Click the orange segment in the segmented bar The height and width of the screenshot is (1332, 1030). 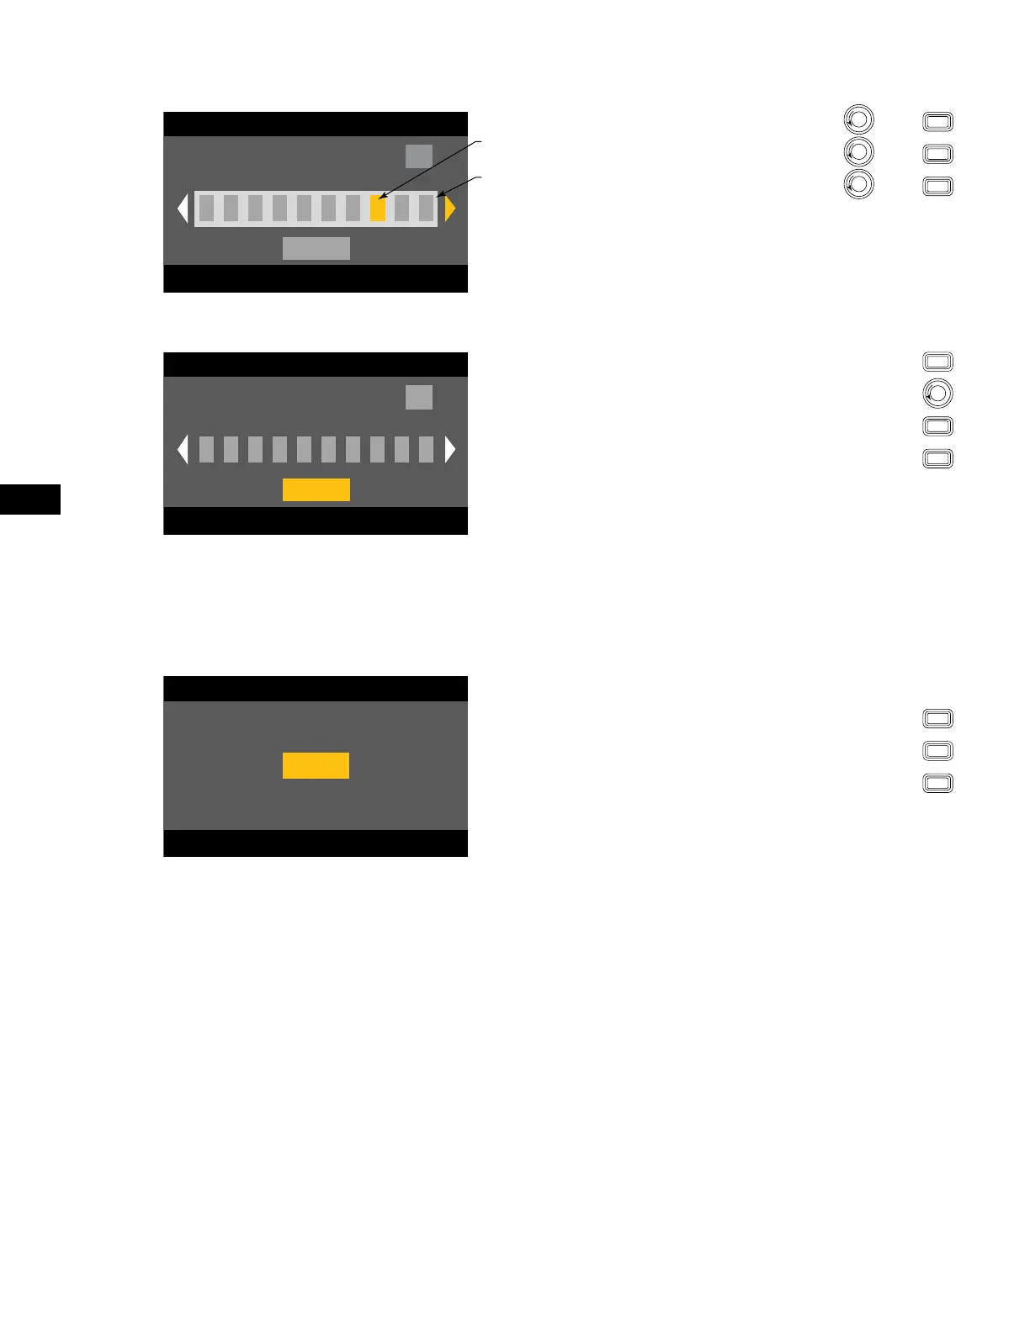(x=378, y=209)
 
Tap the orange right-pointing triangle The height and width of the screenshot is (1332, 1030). (x=449, y=209)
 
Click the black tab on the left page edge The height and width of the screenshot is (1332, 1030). (x=30, y=499)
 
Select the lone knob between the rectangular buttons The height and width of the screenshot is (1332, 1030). (x=937, y=394)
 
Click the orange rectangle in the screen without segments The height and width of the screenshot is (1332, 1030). (x=316, y=765)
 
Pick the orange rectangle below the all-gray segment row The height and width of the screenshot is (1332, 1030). (x=316, y=489)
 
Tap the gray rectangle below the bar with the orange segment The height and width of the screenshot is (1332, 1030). (x=316, y=248)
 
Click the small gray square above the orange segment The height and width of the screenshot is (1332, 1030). (x=419, y=156)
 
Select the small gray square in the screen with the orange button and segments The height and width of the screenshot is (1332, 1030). (x=419, y=397)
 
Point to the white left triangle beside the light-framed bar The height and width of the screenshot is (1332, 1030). (x=183, y=209)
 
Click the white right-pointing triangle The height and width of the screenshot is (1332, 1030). (x=450, y=450)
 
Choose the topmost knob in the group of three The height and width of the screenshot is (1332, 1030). (x=858, y=119)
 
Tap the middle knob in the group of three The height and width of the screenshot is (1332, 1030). (x=858, y=152)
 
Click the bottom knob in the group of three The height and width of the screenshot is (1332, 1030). (x=858, y=184)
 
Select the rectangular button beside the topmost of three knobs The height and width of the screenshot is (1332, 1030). (x=937, y=122)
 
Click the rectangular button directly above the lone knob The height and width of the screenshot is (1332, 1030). (x=937, y=362)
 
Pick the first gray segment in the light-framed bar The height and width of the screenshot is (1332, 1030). (x=206, y=209)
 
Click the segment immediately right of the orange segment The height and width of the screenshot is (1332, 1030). (x=402, y=209)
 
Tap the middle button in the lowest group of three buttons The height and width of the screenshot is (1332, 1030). (x=937, y=750)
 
